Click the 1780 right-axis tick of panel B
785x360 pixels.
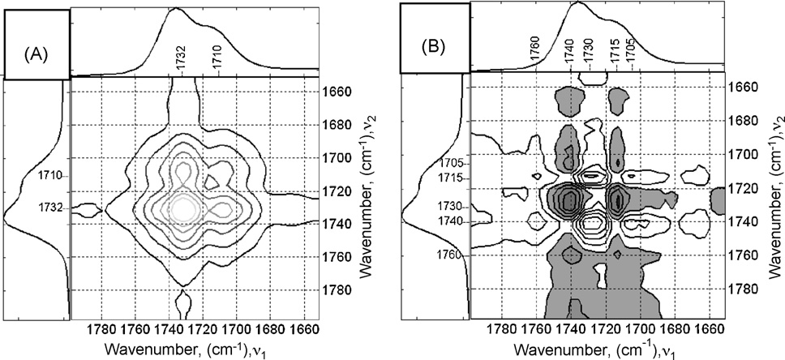pyautogui.click(x=741, y=289)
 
